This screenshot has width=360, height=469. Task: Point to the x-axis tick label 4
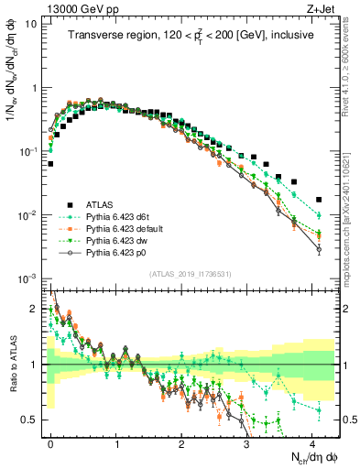click(311, 442)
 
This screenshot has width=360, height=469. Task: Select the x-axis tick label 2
click(181, 442)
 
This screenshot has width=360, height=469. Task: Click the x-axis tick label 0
click(50, 442)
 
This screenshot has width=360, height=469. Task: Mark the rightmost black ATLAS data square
click(318, 199)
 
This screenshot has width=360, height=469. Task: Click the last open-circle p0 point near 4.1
click(318, 248)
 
